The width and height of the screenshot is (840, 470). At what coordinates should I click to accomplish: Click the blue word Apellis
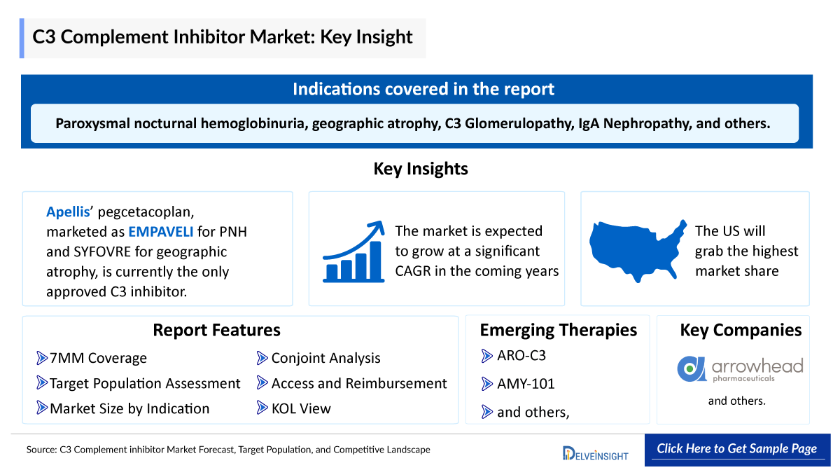coord(66,212)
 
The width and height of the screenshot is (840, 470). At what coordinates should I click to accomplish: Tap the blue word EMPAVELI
coord(160,232)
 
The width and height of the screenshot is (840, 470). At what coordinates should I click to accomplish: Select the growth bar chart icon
coord(353,251)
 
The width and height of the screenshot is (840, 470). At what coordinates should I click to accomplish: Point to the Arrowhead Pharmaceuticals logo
coord(740,368)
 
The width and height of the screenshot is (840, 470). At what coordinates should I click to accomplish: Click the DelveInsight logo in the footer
coord(595,452)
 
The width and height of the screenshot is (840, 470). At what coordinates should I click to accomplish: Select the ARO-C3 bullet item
coord(521,355)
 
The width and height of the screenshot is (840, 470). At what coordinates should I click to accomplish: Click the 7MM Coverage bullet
coord(97,358)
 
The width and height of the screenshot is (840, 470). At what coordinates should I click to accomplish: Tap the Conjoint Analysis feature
coord(325,358)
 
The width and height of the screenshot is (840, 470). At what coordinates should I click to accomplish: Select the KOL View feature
coord(300,408)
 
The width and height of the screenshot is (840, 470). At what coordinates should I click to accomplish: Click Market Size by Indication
coord(129,408)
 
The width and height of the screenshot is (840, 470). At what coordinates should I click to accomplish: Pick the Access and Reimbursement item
coord(358,383)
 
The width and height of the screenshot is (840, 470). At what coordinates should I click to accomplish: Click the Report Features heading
coord(216,330)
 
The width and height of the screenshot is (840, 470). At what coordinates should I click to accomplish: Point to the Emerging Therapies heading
coord(558,330)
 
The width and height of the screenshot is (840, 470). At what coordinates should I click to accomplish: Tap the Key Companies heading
coord(741,330)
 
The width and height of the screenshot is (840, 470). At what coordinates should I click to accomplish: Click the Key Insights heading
coord(420,169)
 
